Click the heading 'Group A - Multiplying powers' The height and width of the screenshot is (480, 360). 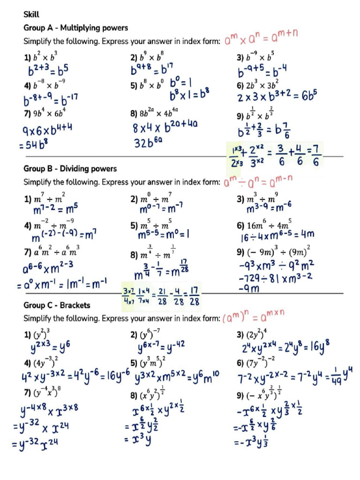pyautogui.click(x=75, y=28)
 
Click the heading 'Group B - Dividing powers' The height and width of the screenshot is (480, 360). pyautogui.click(x=70, y=169)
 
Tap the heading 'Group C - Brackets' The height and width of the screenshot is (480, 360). pyautogui.click(x=57, y=305)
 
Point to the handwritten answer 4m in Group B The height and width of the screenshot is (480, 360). pyautogui.click(x=307, y=233)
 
